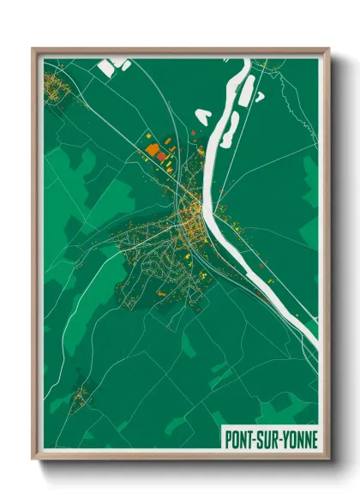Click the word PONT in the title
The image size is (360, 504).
239,438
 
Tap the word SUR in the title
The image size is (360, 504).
269,438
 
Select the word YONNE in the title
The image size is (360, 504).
300,438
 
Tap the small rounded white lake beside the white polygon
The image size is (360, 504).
125,64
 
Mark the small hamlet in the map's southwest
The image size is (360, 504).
81,396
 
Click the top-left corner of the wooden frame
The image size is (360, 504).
33,49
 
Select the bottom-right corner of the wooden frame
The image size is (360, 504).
328,459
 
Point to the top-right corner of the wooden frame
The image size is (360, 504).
328,49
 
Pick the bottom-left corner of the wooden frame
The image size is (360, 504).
33,459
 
